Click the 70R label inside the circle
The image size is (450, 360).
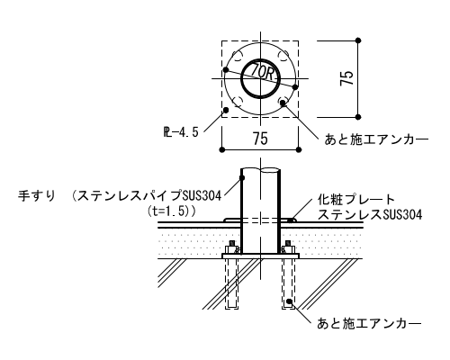pyautogui.click(x=262, y=72)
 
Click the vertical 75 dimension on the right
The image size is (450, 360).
pyautogui.click(x=346, y=78)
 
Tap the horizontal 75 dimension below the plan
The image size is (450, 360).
pyautogui.click(x=260, y=139)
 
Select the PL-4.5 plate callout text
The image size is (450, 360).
pyautogui.click(x=181, y=132)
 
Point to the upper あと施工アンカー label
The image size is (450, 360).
pyautogui.click(x=376, y=139)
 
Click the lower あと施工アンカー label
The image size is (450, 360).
pyautogui.click(x=369, y=323)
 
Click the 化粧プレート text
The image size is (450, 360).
pyautogui.click(x=356, y=199)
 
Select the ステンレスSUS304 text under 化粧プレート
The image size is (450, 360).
pyautogui.click(x=370, y=215)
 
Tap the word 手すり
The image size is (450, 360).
pyautogui.click(x=37, y=196)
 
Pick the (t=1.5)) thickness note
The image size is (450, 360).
pyautogui.click(x=172, y=211)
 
